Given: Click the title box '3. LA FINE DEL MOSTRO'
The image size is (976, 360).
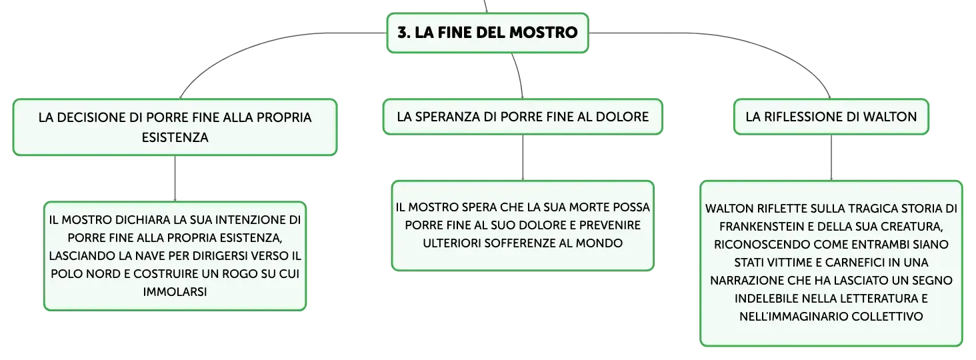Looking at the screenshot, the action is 487,33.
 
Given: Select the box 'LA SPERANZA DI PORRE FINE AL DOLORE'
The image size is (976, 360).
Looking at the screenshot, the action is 523,117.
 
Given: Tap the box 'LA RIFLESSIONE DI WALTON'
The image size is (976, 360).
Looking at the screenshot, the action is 831,117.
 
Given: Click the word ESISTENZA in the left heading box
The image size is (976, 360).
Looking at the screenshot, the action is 175,137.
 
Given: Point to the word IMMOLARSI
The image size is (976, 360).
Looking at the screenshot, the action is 175,291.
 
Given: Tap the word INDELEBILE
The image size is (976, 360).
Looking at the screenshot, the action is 767,299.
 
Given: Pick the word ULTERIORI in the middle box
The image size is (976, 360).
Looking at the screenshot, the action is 451,243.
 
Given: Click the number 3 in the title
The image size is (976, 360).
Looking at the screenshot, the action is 402,32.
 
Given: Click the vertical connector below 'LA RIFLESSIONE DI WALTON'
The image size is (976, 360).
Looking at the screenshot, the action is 831,157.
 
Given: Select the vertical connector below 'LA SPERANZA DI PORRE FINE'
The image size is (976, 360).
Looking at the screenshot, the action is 523,157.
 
